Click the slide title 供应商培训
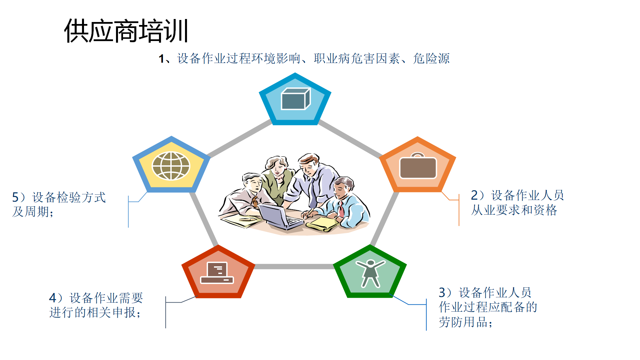[126, 31]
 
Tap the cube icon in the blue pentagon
[296, 99]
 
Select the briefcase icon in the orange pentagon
[418, 166]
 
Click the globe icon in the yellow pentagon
[171, 166]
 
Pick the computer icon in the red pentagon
[217, 273]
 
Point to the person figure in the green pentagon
[370, 273]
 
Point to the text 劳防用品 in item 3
[463, 322]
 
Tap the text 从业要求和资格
[514, 210]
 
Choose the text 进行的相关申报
[93, 312]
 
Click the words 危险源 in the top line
[431, 58]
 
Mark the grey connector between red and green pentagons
[294, 266]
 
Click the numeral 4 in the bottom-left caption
[53, 298]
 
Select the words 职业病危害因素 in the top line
[357, 58]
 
